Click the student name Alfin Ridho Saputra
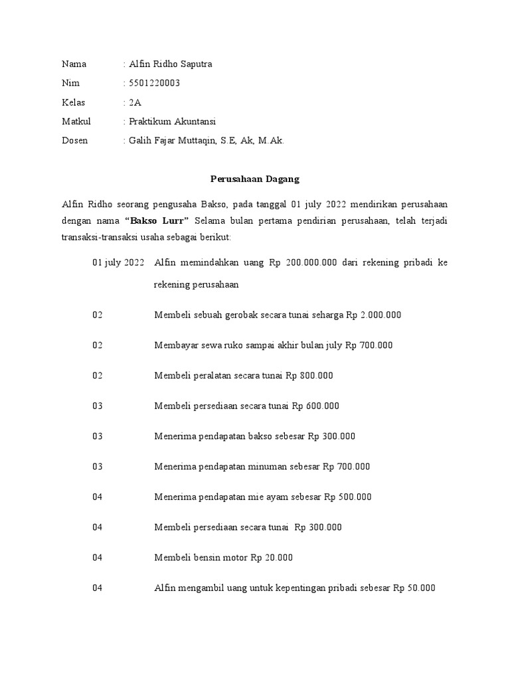171,64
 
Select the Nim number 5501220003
154,83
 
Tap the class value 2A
135,102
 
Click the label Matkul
76,122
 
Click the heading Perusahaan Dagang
255,179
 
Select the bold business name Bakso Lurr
157,220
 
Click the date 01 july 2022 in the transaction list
118,263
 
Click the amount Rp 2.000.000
374,315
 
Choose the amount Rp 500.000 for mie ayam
348,497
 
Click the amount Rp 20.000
272,558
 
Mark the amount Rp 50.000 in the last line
414,588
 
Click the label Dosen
74,141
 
